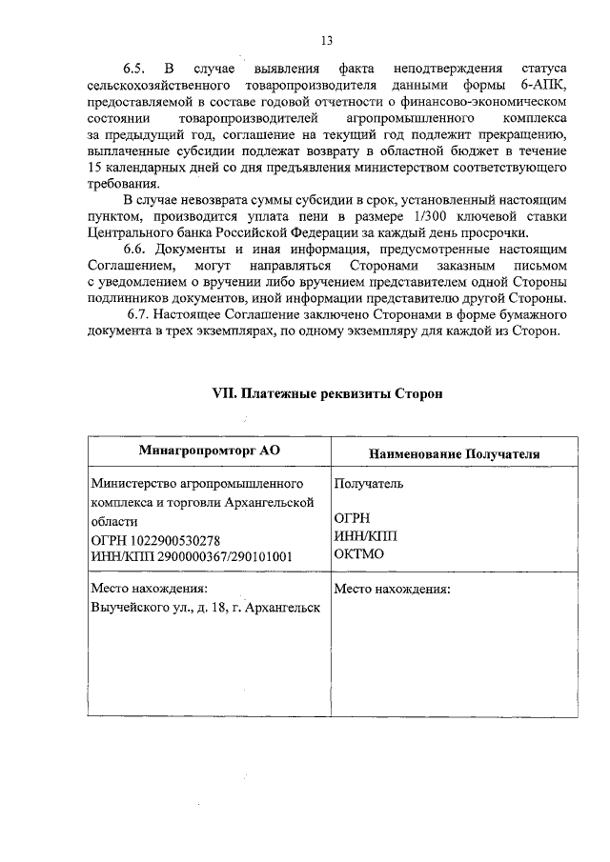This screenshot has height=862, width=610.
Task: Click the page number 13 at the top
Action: (x=326, y=40)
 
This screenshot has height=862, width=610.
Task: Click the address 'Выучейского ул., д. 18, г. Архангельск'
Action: (x=205, y=606)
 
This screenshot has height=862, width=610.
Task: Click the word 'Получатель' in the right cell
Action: (x=369, y=483)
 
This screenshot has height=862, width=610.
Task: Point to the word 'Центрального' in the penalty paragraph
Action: (x=131, y=233)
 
